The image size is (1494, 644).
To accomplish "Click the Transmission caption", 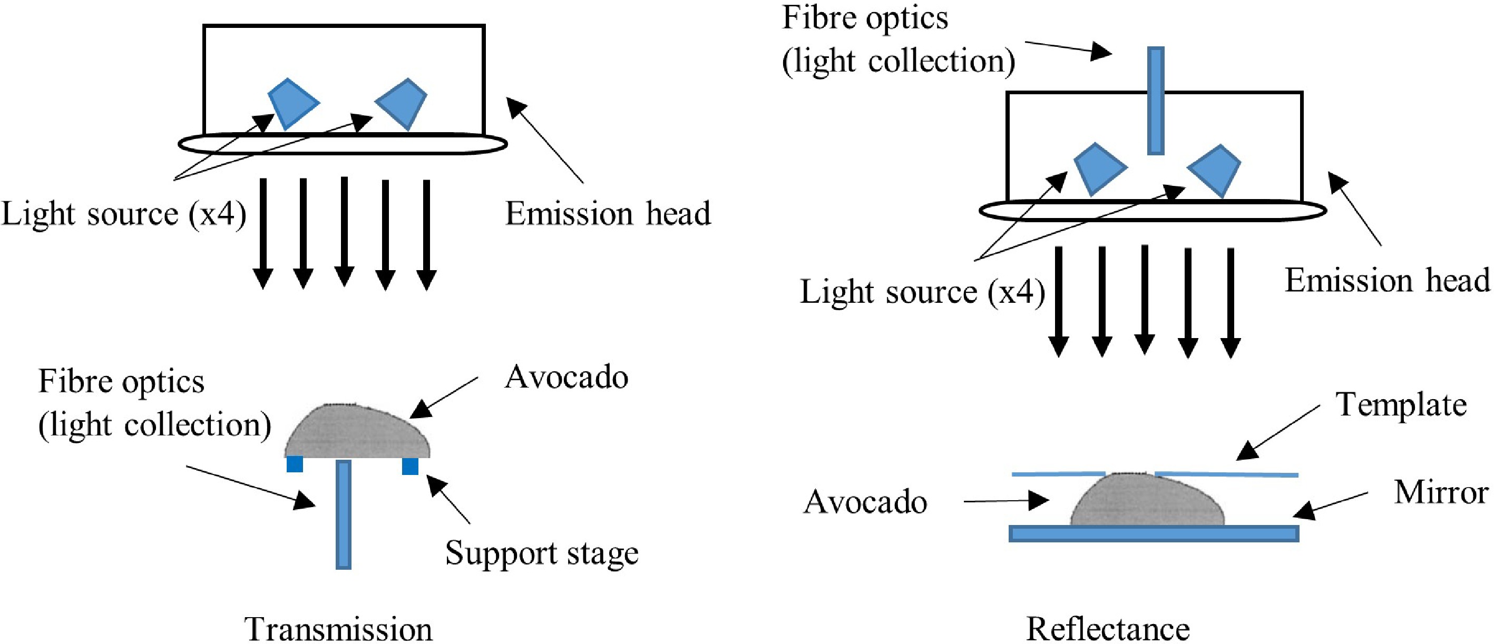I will coord(338,629).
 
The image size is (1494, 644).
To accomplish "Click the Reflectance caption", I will coord(1108,629).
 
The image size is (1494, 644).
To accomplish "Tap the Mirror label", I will coord(1441,492).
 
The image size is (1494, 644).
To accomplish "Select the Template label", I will coord(1401,404).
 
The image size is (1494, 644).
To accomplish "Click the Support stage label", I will coord(541,552).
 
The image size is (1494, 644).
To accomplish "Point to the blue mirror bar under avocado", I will coord(1154,533).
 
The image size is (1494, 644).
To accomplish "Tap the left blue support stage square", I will coord(295,464).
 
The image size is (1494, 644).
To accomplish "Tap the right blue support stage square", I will coord(410,466).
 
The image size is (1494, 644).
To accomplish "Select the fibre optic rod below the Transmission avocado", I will coord(344,515).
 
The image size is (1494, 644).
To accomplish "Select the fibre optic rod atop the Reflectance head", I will coord(1156,101).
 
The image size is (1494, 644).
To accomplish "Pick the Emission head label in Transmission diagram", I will coord(607,213).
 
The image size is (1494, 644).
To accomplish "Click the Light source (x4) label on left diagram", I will coord(123,213).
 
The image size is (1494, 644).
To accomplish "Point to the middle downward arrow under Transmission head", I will coord(345,231).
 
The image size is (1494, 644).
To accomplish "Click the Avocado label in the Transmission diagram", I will coord(566,378).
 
